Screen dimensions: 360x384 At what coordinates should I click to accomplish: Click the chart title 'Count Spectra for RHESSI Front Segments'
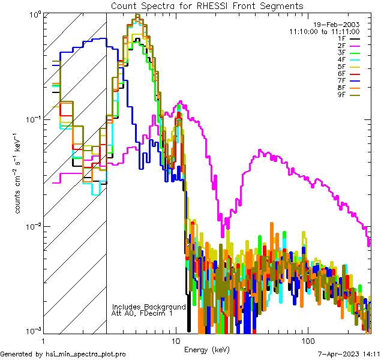[x=208, y=5]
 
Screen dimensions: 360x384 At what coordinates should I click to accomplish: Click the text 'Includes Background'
[x=149, y=307]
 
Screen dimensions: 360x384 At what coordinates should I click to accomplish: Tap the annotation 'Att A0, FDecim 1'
[x=143, y=313]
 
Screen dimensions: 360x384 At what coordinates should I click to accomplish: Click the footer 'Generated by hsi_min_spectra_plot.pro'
[x=63, y=354]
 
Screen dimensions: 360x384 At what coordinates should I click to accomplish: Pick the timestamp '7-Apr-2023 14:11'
[x=350, y=354]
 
